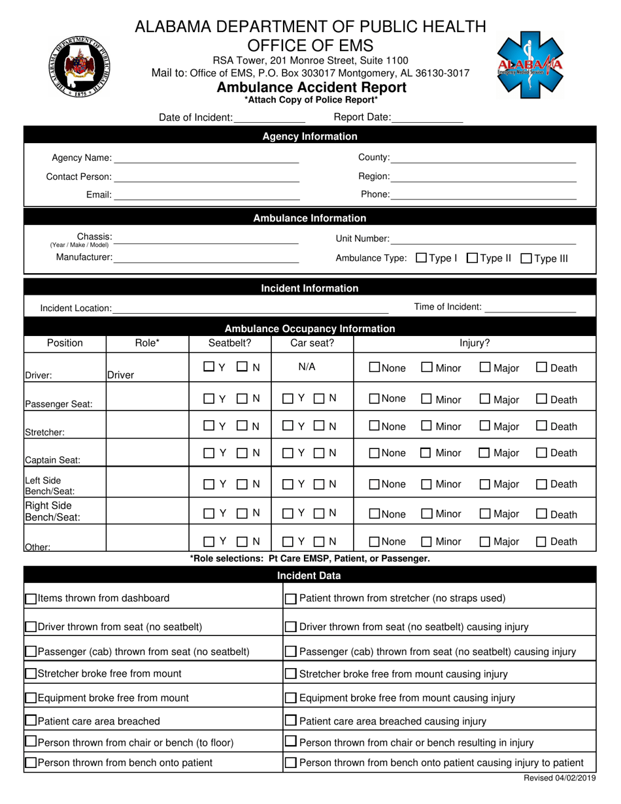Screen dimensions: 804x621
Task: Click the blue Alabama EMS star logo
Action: pyautogui.click(x=530, y=64)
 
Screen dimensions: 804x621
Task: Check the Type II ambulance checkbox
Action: pyautogui.click(x=473, y=258)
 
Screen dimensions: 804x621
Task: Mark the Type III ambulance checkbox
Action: pyautogui.click(x=526, y=258)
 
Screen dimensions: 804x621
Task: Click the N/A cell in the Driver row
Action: pyautogui.click(x=307, y=367)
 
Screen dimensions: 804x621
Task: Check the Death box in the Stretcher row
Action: pyautogui.click(x=542, y=427)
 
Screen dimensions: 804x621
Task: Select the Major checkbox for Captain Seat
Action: pyautogui.click(x=485, y=454)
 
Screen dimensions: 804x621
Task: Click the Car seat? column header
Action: pyautogui.click(x=312, y=343)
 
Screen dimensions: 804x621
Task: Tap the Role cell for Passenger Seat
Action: pyautogui.click(x=147, y=399)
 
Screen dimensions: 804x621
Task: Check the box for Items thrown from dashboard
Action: pyautogui.click(x=31, y=598)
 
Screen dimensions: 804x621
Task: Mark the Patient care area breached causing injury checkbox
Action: pyautogui.click(x=292, y=721)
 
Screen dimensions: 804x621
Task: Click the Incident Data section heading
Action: pyautogui.click(x=310, y=575)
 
